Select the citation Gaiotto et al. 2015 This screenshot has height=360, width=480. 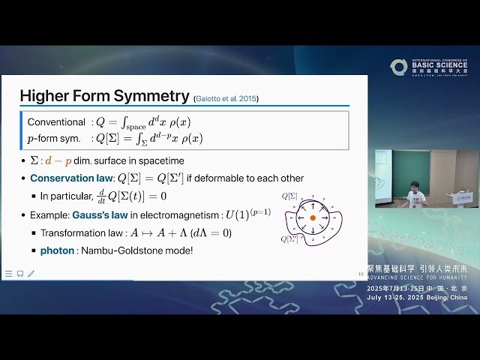tap(226, 98)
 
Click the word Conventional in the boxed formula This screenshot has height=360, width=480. tap(56, 121)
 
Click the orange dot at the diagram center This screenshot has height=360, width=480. tap(313, 218)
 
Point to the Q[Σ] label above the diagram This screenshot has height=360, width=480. tap(289, 196)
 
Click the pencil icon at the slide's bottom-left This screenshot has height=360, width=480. tap(31, 274)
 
